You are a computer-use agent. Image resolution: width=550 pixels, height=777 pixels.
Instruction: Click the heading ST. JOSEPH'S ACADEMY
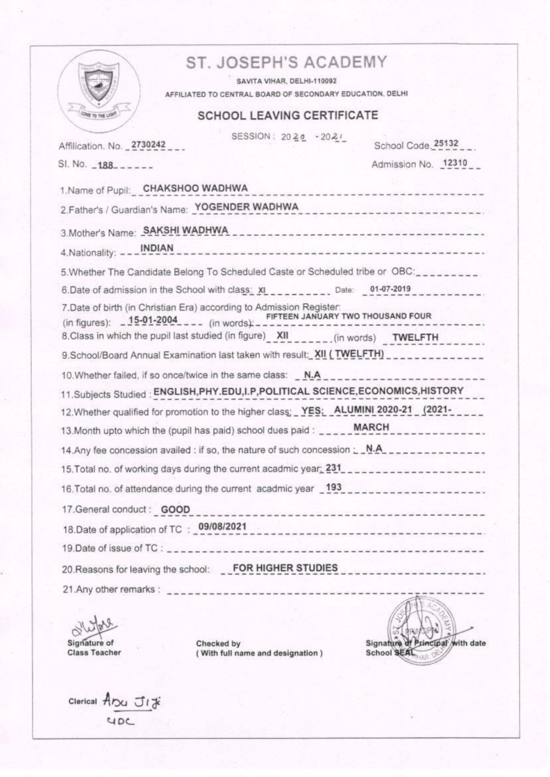(x=286, y=62)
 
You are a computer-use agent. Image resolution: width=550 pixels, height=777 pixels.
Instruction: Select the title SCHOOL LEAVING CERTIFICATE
(x=288, y=115)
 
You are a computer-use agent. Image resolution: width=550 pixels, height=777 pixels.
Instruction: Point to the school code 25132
(x=446, y=144)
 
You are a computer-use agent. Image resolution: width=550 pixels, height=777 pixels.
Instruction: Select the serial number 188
(x=105, y=164)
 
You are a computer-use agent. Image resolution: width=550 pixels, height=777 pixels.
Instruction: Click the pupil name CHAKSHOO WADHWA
(x=195, y=188)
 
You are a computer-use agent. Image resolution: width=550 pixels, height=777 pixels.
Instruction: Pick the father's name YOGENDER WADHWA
(x=247, y=206)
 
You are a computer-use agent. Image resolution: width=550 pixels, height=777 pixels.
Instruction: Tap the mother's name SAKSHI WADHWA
(x=185, y=230)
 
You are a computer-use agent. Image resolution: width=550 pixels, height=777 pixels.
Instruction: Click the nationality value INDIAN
(x=157, y=248)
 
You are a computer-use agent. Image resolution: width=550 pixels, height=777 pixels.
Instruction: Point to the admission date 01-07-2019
(x=390, y=289)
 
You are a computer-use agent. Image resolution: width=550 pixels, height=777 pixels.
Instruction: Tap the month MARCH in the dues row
(x=371, y=427)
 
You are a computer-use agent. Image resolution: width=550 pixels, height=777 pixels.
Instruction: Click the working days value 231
(x=334, y=468)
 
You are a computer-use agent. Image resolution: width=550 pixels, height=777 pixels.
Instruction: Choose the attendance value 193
(x=334, y=487)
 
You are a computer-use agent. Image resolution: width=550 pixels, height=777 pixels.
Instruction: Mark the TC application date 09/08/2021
(x=222, y=526)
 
